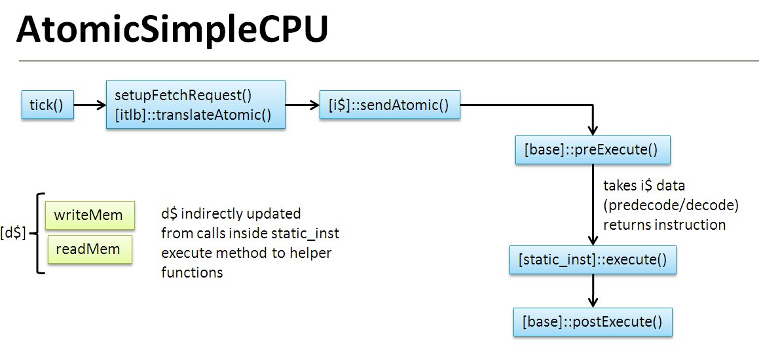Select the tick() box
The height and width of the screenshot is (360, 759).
(47, 105)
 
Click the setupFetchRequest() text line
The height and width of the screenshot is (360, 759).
(183, 95)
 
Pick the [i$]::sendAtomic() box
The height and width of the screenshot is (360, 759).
(390, 105)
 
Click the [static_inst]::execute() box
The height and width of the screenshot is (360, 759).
(593, 260)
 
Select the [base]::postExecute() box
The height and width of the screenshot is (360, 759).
(593, 322)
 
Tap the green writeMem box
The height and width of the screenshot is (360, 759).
(89, 215)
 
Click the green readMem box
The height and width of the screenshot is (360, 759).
(88, 249)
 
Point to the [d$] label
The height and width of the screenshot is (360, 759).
(13, 232)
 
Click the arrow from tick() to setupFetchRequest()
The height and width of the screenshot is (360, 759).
(90, 105)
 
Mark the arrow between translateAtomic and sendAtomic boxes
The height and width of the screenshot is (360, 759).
(302, 105)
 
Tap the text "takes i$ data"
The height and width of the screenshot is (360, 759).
(644, 186)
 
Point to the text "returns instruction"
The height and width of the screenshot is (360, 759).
(664, 225)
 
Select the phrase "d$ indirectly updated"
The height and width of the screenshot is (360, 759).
(231, 213)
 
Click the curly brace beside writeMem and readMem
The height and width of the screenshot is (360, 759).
(38, 232)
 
